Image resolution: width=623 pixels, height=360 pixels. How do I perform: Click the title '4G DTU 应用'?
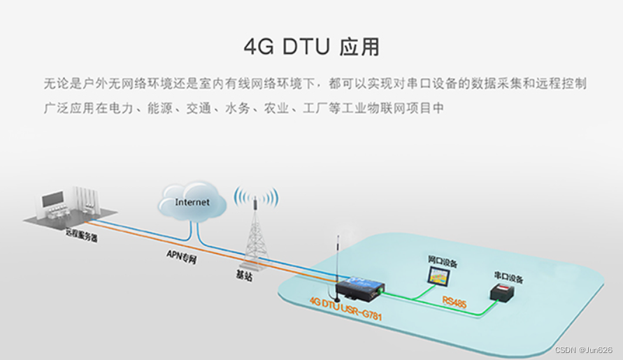click(311, 46)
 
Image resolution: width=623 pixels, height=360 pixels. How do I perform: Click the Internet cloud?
click(192, 202)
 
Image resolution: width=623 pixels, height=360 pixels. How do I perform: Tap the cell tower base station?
click(255, 234)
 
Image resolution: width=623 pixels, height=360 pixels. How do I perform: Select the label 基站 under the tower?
click(245, 276)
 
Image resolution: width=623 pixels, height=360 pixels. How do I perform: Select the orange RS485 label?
click(454, 302)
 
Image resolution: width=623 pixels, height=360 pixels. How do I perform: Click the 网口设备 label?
click(443, 263)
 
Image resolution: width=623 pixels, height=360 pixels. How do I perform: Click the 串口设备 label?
click(508, 278)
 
